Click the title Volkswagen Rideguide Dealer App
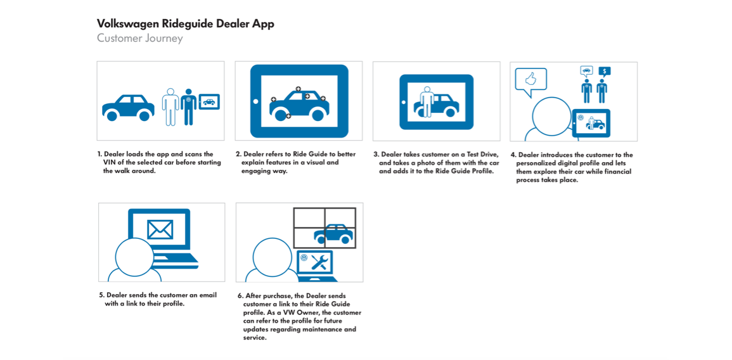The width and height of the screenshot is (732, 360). point(185,24)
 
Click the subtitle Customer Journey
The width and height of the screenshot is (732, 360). point(139,38)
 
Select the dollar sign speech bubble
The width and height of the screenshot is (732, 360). point(605,72)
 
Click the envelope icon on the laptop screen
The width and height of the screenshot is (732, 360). point(160,229)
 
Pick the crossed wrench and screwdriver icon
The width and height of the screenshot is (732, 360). point(320,262)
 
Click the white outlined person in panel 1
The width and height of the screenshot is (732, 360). point(170,106)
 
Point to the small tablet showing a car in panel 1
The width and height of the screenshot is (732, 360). point(209,101)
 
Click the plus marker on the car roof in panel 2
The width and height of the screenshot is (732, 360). point(298,88)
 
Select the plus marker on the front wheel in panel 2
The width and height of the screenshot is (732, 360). point(288,115)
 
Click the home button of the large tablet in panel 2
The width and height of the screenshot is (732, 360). point(255,101)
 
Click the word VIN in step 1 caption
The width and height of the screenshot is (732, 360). point(109,162)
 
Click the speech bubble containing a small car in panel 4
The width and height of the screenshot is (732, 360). point(586,71)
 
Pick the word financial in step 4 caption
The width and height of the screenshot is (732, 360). point(615,171)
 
